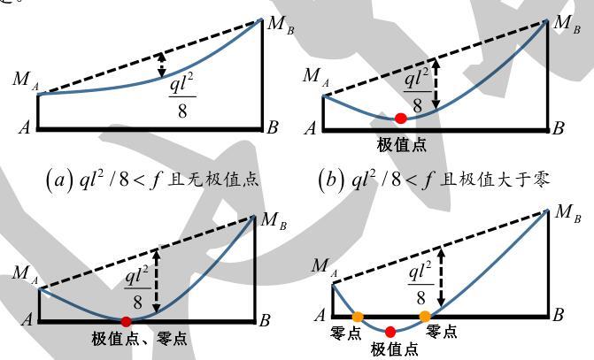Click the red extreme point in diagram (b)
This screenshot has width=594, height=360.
pos(401,118)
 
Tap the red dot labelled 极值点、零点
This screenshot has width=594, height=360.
pos(126,321)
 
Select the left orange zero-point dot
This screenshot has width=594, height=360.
pos(358,316)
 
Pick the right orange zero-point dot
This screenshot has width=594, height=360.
pos(425,316)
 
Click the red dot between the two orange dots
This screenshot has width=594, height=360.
pos(391,332)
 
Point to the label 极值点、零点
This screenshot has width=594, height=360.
pos(139,339)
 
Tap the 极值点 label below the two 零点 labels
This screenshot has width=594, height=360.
pos(395,350)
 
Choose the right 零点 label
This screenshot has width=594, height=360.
pos(442,333)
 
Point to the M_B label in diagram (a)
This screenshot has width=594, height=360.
pos(282,24)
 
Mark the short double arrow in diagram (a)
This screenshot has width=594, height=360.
pos(161,64)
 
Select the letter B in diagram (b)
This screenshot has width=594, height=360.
pos(558,129)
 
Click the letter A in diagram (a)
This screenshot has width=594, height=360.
pos(26,128)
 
